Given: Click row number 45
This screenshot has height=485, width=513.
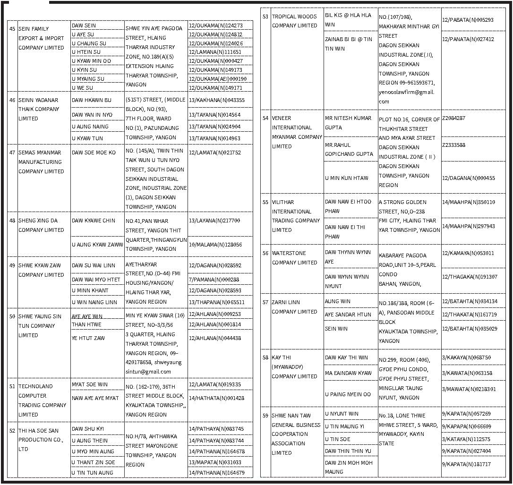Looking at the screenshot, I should (12, 29).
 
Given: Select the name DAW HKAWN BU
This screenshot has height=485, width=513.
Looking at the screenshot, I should (92, 100).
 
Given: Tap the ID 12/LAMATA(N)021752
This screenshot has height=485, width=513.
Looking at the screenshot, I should (214, 153).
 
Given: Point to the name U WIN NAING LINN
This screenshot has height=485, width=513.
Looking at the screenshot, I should (94, 302).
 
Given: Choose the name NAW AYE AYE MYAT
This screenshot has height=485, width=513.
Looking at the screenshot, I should (95, 398).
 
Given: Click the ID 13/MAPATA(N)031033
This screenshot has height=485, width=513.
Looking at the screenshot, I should (215, 462).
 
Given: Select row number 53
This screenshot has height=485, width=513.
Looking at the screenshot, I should (265, 17).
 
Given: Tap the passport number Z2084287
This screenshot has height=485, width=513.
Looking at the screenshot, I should (453, 118).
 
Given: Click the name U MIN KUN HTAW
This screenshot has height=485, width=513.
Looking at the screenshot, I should (347, 178).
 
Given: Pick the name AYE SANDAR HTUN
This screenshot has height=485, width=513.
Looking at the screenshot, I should (348, 315).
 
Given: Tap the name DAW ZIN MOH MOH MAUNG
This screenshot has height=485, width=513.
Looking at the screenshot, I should (349, 467).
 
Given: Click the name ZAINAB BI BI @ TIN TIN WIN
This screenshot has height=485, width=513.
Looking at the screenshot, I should (348, 44).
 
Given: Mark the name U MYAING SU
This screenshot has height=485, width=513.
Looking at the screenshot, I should (88, 79).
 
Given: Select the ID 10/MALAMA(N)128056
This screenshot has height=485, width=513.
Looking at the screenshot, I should (215, 245).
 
